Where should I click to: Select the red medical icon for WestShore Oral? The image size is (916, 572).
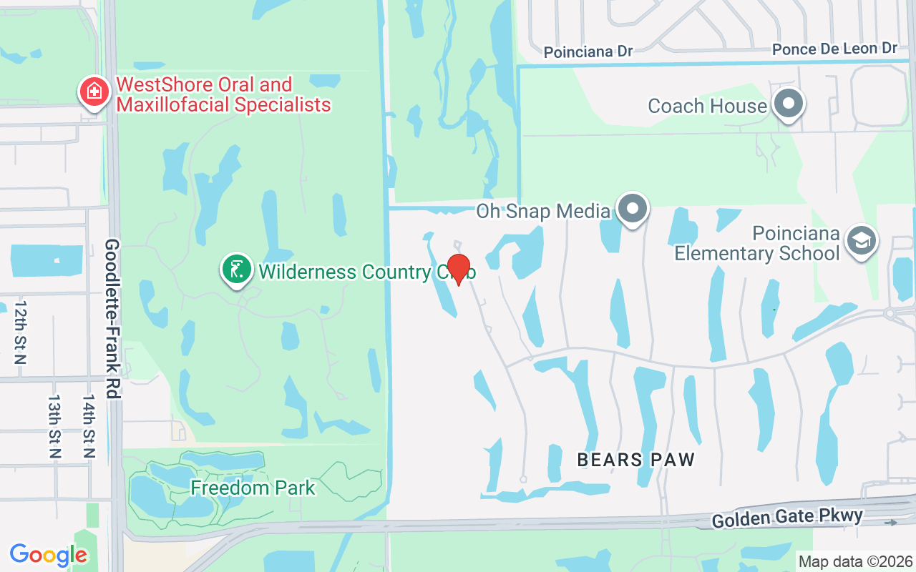(94, 92)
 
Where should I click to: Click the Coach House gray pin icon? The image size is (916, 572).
(788, 104)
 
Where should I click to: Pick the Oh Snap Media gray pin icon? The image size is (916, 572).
(633, 209)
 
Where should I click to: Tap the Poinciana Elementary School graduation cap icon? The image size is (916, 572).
(861, 241)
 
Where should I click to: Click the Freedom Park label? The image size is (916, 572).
(253, 488)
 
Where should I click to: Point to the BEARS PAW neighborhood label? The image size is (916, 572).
(636, 460)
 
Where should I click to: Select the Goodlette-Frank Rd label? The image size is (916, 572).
(112, 318)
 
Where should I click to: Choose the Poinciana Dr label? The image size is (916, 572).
(588, 52)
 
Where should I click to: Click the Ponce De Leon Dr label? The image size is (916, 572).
(834, 49)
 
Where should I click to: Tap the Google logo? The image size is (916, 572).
(48, 554)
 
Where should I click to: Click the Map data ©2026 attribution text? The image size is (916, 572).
(855, 562)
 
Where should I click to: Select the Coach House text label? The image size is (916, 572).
(707, 106)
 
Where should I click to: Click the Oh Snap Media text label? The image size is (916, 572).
(544, 211)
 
